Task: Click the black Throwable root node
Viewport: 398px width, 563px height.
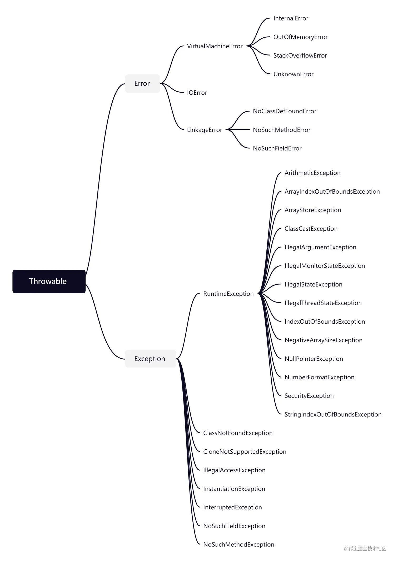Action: pos(49,281)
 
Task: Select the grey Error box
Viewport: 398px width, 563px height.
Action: pos(142,83)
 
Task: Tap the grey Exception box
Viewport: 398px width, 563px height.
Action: pos(151,359)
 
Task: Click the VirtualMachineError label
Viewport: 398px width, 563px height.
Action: pos(215,46)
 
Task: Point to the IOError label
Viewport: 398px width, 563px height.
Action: pos(197,93)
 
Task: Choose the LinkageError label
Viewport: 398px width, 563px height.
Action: pos(205,130)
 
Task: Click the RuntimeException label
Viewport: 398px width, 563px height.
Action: pos(228,294)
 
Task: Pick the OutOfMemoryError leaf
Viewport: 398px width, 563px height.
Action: pos(300,37)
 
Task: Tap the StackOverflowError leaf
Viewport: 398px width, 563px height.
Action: pos(300,56)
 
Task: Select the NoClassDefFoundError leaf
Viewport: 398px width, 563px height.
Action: pos(285,111)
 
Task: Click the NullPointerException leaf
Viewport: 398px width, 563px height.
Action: pos(314,359)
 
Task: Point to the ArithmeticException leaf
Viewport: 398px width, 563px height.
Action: pos(312,173)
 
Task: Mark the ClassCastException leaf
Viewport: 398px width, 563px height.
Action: pos(311,229)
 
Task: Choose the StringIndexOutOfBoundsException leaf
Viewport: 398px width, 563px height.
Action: pos(333,415)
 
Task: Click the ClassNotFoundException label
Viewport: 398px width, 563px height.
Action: pos(238,433)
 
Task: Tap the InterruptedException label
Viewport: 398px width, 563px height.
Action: pos(232,507)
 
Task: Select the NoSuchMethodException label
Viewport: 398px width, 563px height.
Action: pos(238,544)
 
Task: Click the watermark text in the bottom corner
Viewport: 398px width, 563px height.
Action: pos(365,549)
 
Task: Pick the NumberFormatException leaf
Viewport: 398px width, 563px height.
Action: pos(319,377)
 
